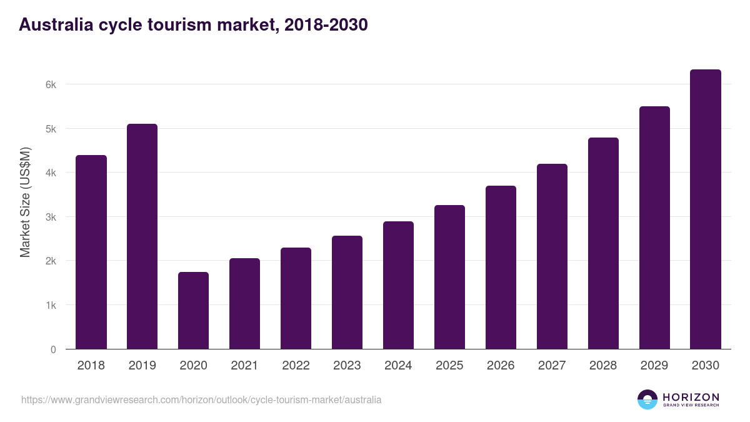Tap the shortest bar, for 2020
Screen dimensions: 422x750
click(194, 311)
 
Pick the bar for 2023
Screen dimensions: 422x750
click(347, 293)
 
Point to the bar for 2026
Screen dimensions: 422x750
click(501, 268)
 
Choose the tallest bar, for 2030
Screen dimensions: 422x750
click(706, 209)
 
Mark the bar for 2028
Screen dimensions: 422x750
click(603, 243)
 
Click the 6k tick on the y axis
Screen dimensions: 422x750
click(51, 84)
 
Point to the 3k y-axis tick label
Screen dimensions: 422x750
click(51, 218)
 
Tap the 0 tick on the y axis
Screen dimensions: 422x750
click(53, 350)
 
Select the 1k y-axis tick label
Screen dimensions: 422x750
click(51, 306)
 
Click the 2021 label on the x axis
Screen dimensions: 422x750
click(244, 366)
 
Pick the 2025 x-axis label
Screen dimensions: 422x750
click(449, 366)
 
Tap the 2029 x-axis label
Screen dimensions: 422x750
click(654, 366)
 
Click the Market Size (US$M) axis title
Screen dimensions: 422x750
click(25, 202)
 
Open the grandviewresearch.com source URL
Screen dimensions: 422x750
click(201, 399)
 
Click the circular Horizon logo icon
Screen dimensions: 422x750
click(647, 399)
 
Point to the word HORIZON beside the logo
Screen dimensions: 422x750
click(691, 397)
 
